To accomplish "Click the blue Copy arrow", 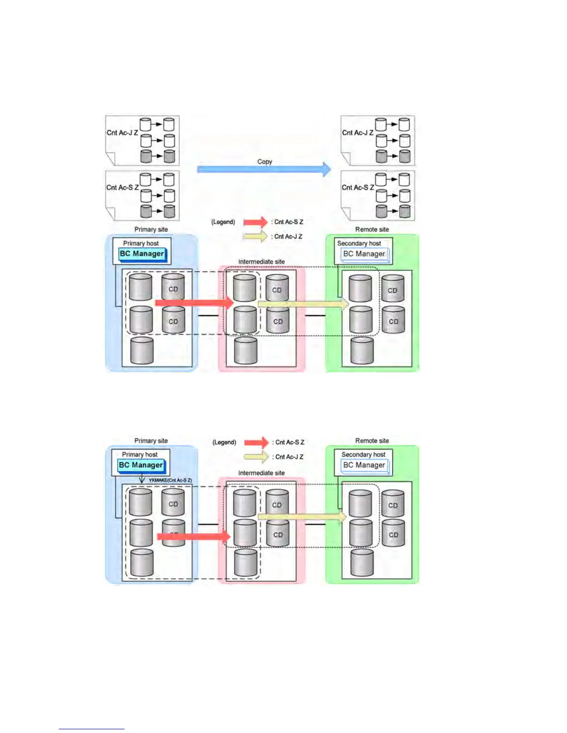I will (264, 169).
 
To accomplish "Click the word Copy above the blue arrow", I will (265, 162).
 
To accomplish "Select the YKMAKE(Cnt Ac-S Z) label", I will (170, 480).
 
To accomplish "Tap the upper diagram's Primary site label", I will (151, 230).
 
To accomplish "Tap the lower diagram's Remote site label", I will (372, 441).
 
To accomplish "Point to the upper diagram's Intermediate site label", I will (261, 262).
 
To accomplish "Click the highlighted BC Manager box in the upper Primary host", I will (142, 254).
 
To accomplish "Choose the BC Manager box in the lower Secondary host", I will (364, 466).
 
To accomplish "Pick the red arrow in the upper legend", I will (256, 222).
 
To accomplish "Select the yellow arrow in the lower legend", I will (256, 457).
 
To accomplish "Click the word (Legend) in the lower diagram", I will (224, 442).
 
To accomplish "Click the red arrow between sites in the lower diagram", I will (194, 537).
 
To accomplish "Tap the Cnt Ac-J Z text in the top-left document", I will (122, 133).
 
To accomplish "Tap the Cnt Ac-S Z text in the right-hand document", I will (358, 187).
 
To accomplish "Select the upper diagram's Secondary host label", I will (359, 243).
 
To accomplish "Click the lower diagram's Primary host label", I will (139, 455).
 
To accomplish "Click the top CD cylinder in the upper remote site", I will (392, 289).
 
